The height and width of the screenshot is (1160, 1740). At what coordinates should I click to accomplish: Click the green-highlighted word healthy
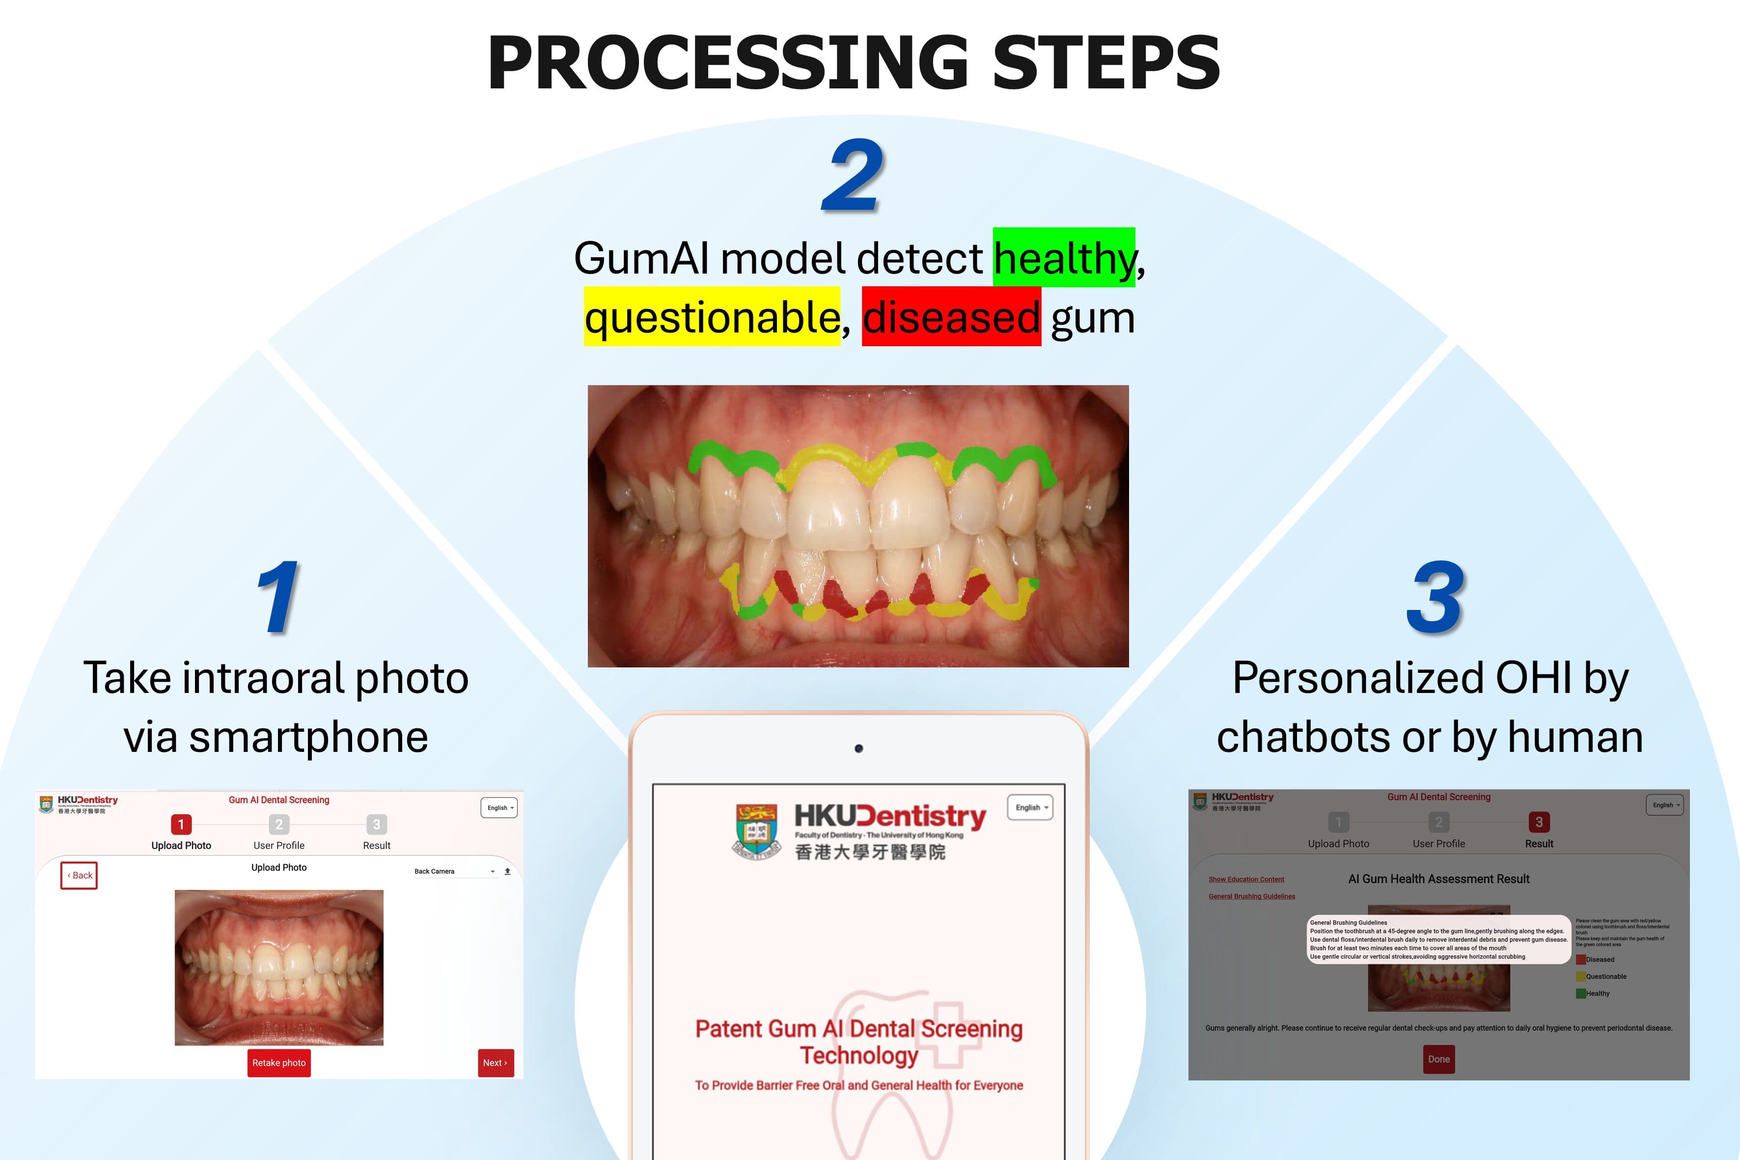pos(1063,257)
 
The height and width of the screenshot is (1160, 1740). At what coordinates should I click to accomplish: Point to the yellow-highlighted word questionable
pos(712,317)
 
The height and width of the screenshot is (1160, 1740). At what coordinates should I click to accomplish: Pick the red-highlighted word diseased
pos(951,317)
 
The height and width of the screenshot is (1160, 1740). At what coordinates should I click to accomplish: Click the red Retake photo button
pos(279,1062)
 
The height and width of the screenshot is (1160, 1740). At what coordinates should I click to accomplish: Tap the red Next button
pos(496,1062)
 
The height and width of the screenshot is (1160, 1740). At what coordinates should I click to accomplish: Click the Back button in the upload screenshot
pos(79,875)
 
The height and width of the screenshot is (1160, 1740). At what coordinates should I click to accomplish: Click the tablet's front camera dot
pos(858,748)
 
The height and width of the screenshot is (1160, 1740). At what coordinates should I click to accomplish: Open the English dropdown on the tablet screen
pos(1030,807)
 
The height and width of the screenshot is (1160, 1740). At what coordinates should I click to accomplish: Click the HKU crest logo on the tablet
pos(757,831)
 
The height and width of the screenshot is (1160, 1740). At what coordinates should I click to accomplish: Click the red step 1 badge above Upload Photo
pos(181,824)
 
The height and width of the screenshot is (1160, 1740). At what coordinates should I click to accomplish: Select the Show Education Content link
pos(1246,880)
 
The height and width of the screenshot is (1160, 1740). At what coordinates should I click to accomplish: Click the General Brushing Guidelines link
pos(1252,897)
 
